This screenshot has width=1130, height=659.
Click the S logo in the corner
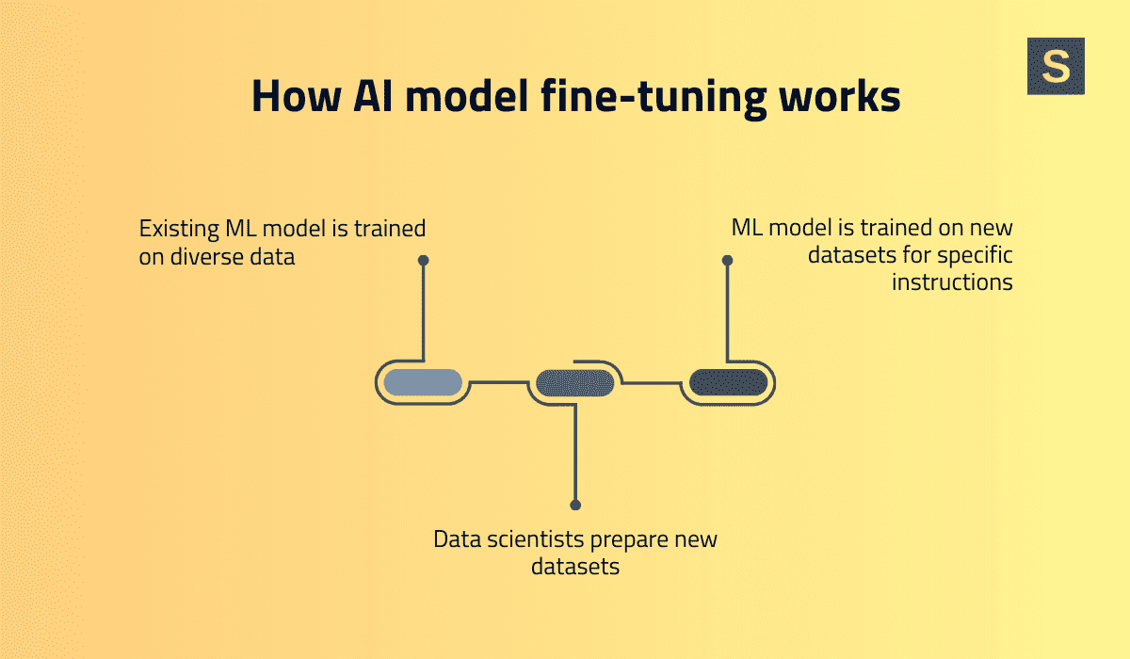1056,66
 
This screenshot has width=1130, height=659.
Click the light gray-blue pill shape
423,382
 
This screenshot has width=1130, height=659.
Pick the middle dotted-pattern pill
575,382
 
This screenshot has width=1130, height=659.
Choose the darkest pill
728,382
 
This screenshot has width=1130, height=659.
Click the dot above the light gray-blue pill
423,260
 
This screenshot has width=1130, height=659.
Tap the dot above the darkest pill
727,260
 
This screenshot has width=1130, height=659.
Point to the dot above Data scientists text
575,506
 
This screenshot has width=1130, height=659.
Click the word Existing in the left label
177,229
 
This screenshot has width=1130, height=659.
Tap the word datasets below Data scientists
575,568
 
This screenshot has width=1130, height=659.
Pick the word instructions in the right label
952,282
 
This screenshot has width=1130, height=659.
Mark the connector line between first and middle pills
499,382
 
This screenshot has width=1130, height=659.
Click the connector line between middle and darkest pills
652,382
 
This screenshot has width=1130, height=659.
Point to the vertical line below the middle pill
575,452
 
